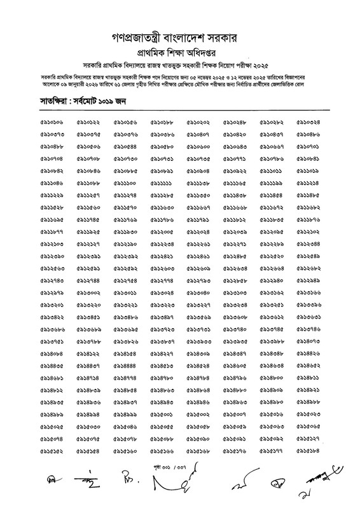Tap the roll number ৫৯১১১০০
click(127, 182)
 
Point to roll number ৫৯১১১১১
click(163, 182)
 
